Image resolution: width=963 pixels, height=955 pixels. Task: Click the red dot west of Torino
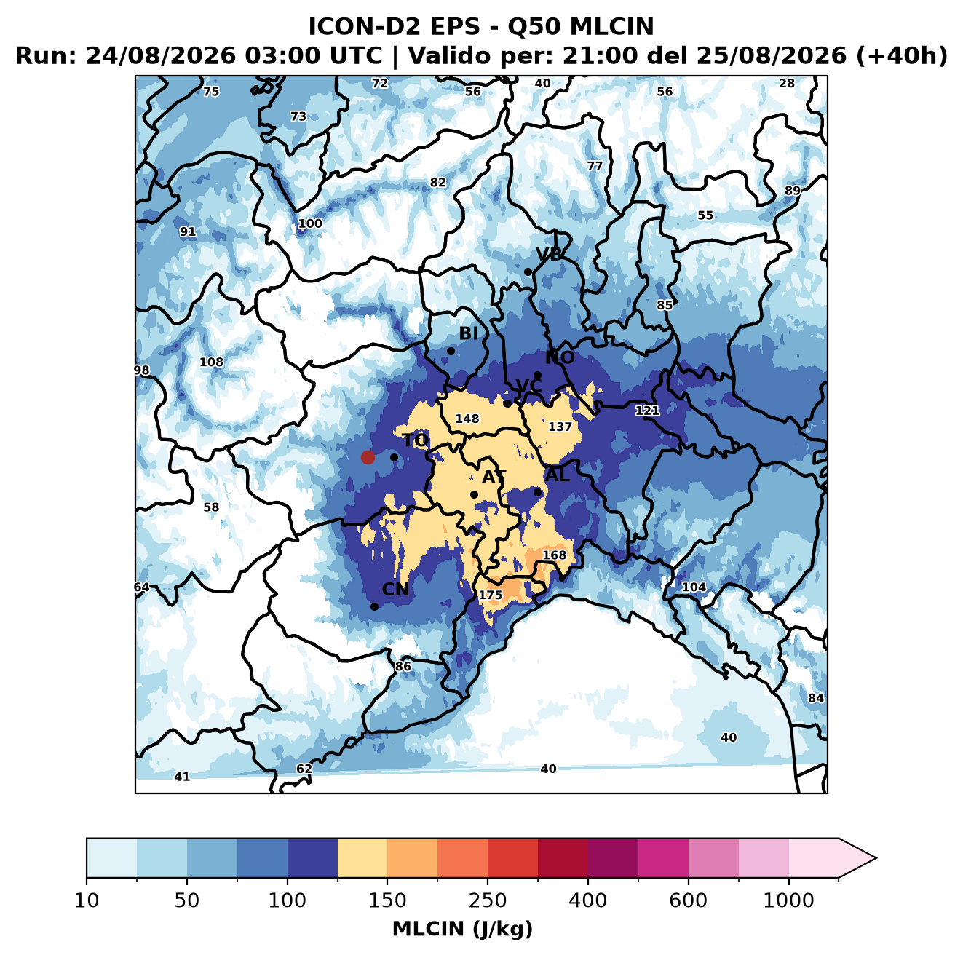click(368, 457)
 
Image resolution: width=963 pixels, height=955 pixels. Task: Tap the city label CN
click(395, 590)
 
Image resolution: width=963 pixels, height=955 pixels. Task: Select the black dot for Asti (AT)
click(474, 494)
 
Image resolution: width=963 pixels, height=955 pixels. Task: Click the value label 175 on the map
click(490, 595)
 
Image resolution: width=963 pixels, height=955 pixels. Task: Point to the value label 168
click(554, 555)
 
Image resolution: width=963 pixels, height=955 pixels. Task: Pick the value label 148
click(467, 419)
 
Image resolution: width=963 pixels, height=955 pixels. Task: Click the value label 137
click(560, 427)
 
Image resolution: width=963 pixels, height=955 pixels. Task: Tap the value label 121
click(646, 411)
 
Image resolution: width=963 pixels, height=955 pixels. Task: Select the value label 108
click(211, 362)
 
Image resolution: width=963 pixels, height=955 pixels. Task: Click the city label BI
click(468, 333)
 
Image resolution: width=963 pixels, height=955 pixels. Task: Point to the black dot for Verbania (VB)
click(528, 272)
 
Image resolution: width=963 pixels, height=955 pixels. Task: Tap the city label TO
click(416, 441)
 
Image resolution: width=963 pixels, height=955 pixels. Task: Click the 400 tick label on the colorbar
click(587, 900)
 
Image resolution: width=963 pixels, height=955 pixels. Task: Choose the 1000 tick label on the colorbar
click(788, 900)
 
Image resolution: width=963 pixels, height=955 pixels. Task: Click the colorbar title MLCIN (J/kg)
click(462, 929)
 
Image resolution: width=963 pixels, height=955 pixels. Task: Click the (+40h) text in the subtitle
click(901, 56)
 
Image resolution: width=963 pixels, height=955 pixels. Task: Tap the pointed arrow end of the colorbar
click(876, 858)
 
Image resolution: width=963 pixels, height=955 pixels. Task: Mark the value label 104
click(694, 587)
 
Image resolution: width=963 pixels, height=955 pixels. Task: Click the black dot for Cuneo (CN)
click(374, 606)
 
